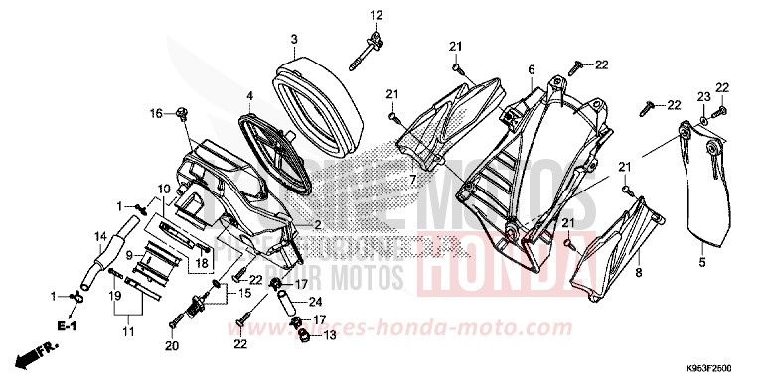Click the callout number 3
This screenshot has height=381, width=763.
(294, 40)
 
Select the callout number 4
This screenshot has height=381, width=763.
(250, 96)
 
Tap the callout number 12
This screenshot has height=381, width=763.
(377, 15)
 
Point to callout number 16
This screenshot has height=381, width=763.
(156, 114)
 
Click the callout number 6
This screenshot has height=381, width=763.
(532, 69)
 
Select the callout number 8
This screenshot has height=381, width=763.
(638, 270)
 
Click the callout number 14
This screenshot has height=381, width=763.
(100, 236)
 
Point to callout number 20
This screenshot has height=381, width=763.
(171, 345)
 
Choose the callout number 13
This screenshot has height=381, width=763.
(330, 335)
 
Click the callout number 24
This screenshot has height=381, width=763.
(316, 301)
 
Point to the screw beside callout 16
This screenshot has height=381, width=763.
(181, 115)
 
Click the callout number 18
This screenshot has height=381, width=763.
(202, 263)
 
